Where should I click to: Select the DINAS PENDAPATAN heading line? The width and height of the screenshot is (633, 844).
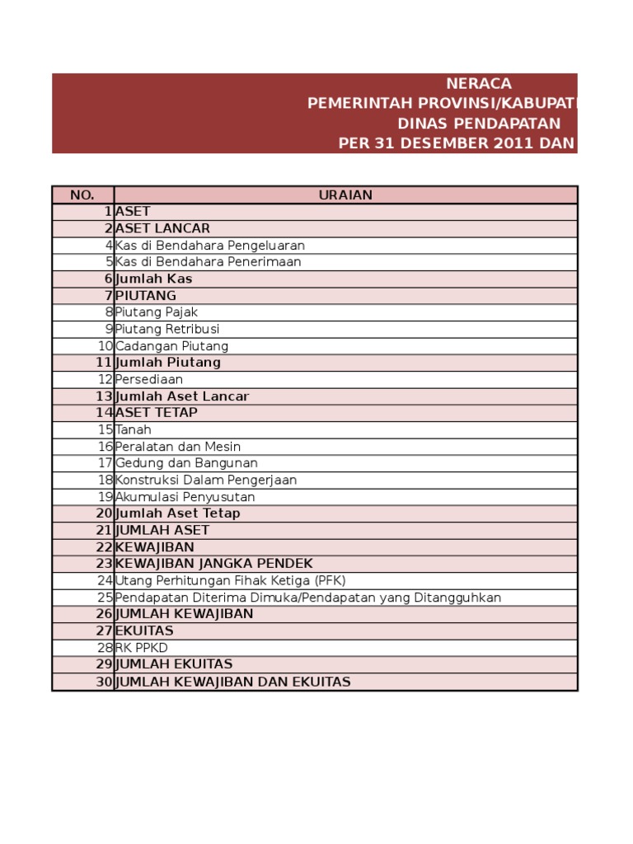pos(479,124)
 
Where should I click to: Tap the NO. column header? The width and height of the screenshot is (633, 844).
pos(82,195)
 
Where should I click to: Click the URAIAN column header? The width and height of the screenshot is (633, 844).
pos(345,195)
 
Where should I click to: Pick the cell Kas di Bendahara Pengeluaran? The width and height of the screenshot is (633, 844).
pos(210,246)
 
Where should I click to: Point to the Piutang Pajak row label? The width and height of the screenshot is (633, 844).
pos(157,312)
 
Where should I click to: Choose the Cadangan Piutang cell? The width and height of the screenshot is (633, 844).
pos(171,346)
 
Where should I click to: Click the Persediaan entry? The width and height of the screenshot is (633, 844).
pos(149,380)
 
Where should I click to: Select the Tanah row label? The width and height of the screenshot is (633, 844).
pos(134,430)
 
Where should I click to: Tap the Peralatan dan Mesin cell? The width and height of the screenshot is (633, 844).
pos(178,447)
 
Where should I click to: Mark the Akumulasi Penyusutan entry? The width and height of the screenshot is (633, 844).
pos(185,497)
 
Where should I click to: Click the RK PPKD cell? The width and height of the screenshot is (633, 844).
pos(142,648)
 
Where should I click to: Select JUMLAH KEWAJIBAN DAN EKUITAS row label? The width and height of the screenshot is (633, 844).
pos(233,682)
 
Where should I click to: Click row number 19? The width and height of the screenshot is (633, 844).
pos(105,497)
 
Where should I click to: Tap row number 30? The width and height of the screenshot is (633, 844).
pos(104,682)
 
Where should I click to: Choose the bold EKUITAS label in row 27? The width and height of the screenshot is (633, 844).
pos(145,631)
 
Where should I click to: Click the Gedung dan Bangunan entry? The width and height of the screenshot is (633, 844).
pos(186,463)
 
